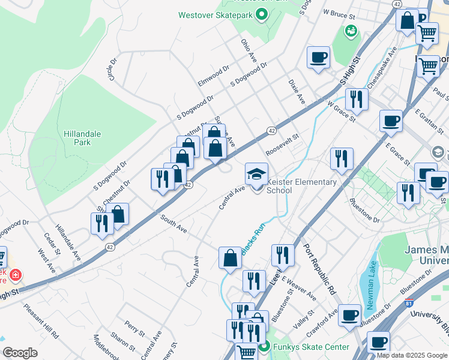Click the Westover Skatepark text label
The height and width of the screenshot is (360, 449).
215,14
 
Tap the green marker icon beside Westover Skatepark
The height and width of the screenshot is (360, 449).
261,14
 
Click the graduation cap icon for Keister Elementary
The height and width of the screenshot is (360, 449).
256,174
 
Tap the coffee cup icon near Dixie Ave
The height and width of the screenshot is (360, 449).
318,58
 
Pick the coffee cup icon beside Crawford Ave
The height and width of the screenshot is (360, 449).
349,315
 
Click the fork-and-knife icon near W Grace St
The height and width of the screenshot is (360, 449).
357,100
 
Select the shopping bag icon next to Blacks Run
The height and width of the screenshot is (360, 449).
230,259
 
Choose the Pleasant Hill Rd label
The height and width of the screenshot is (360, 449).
41,319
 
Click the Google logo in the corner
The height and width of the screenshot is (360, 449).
20,352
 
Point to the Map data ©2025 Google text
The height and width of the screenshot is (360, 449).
411,355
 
